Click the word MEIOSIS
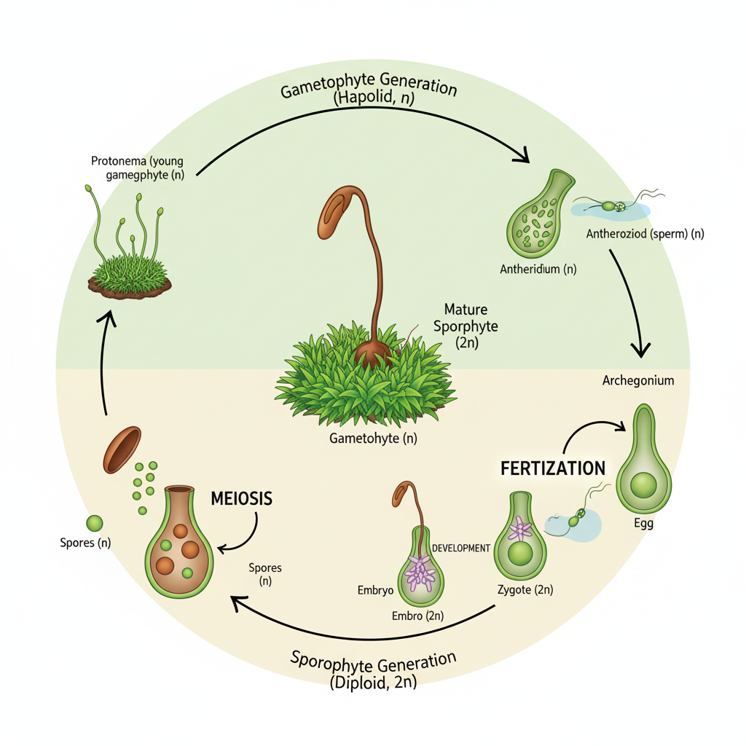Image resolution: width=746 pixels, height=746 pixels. [x=241, y=499]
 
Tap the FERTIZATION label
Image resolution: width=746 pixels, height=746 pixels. [x=553, y=468]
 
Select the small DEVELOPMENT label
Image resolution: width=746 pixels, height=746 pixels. [x=461, y=548]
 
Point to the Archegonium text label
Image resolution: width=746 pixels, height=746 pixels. [x=638, y=380]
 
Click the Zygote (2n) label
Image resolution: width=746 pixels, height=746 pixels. [x=523, y=590]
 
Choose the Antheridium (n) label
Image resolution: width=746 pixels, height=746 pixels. [x=538, y=269]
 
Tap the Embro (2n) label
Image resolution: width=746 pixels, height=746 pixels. [x=417, y=616]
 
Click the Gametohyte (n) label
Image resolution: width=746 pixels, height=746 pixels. [x=374, y=439]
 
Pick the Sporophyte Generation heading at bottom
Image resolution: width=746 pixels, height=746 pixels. [x=373, y=669]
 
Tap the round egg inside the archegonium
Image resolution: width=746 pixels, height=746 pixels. [x=644, y=484]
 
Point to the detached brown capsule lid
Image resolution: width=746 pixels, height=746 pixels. [x=121, y=449]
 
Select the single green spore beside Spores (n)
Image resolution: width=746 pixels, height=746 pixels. [x=95, y=523]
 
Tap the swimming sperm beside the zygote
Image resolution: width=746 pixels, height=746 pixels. [x=576, y=519]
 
